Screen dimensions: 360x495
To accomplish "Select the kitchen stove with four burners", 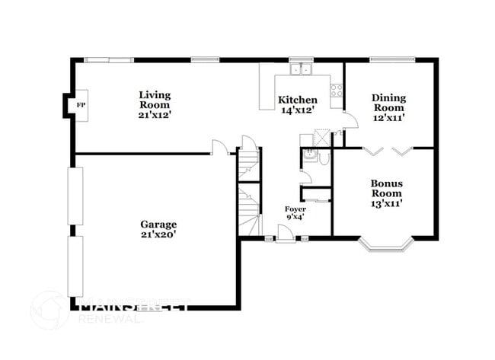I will tap(336, 89).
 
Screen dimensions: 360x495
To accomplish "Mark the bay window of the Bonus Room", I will tap(386, 245).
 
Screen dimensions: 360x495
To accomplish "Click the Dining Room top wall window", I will tap(392, 59).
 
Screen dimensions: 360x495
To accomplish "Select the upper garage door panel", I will tap(75, 195).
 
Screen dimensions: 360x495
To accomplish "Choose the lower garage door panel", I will tap(75, 266).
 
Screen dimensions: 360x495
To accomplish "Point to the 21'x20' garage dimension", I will tap(158, 235).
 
